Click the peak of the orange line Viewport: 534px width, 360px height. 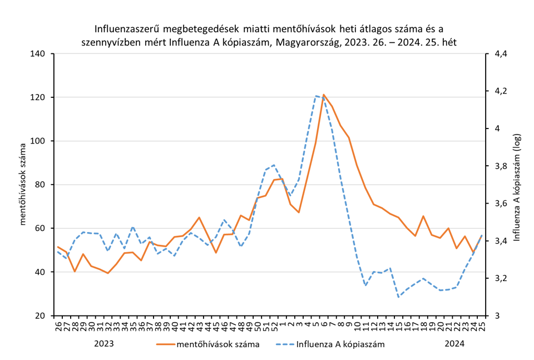pyautogui.click(x=324, y=95)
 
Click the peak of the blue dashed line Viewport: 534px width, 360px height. pyautogui.click(x=315, y=96)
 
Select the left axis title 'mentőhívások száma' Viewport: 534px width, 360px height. pyautogui.click(x=23, y=185)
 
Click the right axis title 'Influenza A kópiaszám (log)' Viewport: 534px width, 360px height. pyautogui.click(x=516, y=185)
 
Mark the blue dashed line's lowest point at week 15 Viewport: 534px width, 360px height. pyautogui.click(x=398, y=297)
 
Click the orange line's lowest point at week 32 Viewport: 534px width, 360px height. pyautogui.click(x=108, y=273)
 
